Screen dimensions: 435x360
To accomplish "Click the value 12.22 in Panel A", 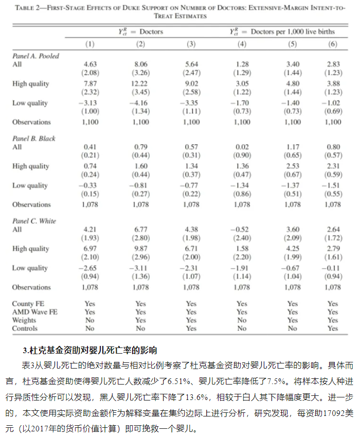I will (140, 84).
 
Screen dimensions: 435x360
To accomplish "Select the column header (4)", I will (242, 44).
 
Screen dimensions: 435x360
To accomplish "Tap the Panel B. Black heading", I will (34, 138).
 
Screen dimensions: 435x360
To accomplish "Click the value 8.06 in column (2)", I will (140, 64).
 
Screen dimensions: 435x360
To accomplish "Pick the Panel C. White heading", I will (34, 221).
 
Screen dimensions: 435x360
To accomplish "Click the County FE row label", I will (28, 304).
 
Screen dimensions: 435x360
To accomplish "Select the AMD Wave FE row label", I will (35, 312).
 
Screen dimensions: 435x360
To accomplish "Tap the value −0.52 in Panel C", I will (242, 230).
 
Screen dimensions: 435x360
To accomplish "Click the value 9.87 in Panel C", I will (140, 249).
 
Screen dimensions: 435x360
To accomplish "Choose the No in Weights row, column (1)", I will (90, 320).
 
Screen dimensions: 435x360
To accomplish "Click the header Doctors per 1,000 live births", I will (292, 32).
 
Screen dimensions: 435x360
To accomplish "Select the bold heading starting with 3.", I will (89, 351).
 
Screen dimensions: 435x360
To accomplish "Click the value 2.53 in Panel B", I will (292, 166).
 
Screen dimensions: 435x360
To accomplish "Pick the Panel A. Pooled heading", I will (36, 56).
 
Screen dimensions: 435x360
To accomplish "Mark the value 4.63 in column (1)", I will (90, 64).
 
